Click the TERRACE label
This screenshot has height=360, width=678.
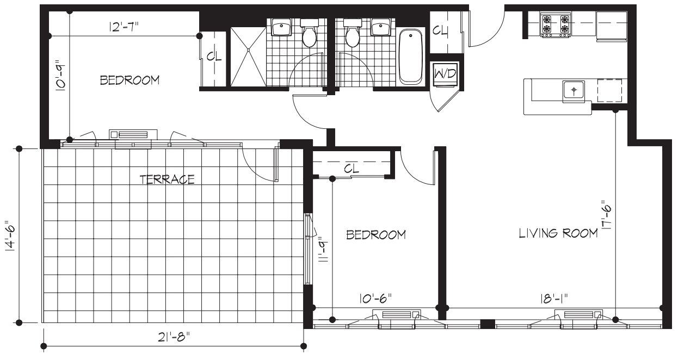(x=167, y=179)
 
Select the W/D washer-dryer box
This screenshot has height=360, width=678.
(x=445, y=74)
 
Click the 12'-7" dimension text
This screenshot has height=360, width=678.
(x=124, y=27)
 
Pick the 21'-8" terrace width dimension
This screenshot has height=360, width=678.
(x=172, y=337)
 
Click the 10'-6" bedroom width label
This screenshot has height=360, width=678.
(x=375, y=299)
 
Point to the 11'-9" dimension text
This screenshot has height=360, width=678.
(x=322, y=250)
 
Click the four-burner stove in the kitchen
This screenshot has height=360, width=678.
(x=555, y=26)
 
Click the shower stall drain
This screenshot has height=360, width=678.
(x=248, y=49)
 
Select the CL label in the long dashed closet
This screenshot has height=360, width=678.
(x=352, y=169)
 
